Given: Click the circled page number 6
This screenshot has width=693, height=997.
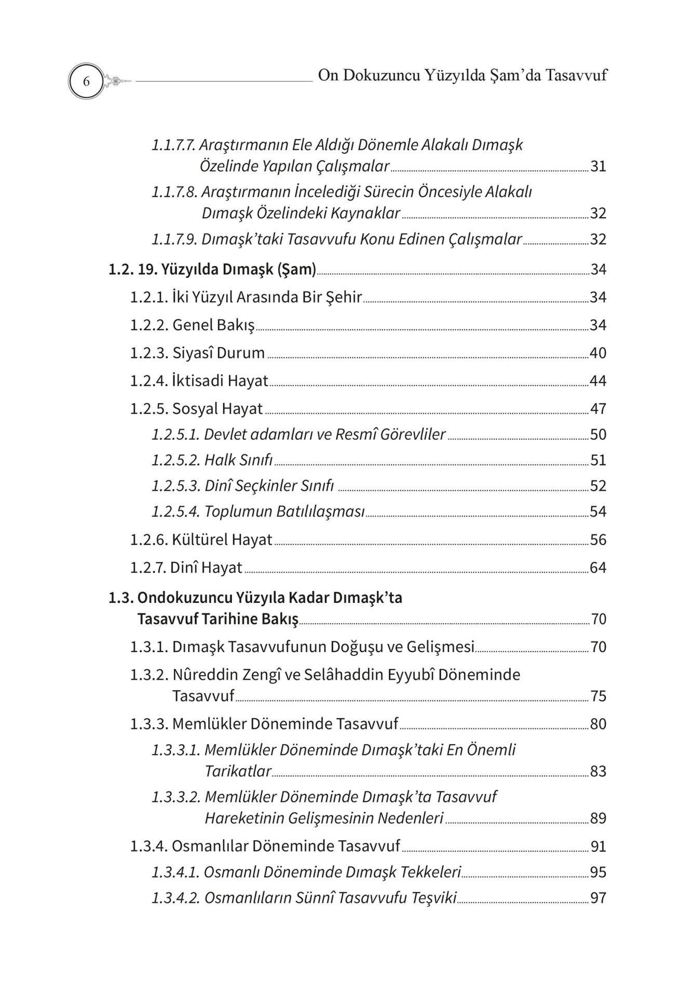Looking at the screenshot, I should click(x=86, y=82).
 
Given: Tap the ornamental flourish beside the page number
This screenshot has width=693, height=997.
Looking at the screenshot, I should click(x=116, y=81).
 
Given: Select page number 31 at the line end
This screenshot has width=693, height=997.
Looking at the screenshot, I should click(x=598, y=167).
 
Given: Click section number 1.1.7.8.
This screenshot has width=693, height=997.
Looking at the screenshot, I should click(x=174, y=192).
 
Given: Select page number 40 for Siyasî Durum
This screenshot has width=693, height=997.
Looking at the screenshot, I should click(x=598, y=353).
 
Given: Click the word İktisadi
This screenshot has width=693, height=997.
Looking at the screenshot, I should click(x=197, y=381).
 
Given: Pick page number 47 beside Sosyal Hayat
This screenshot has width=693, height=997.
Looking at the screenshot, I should click(x=598, y=409).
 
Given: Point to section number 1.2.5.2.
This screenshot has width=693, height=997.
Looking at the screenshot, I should click(x=175, y=460).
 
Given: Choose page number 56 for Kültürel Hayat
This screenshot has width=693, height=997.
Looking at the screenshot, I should click(x=598, y=540).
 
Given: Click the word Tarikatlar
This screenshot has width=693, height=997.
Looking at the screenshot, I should click(x=238, y=772).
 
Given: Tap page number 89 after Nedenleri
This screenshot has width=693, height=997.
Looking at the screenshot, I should click(x=598, y=819).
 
